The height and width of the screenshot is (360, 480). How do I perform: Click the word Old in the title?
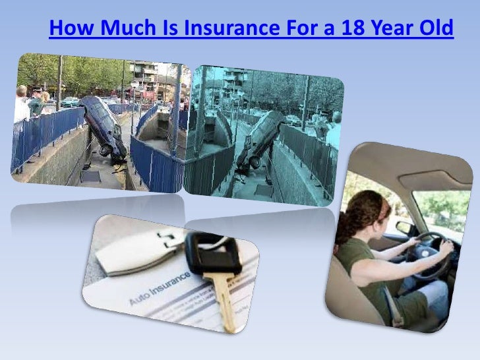[x=435, y=30]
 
